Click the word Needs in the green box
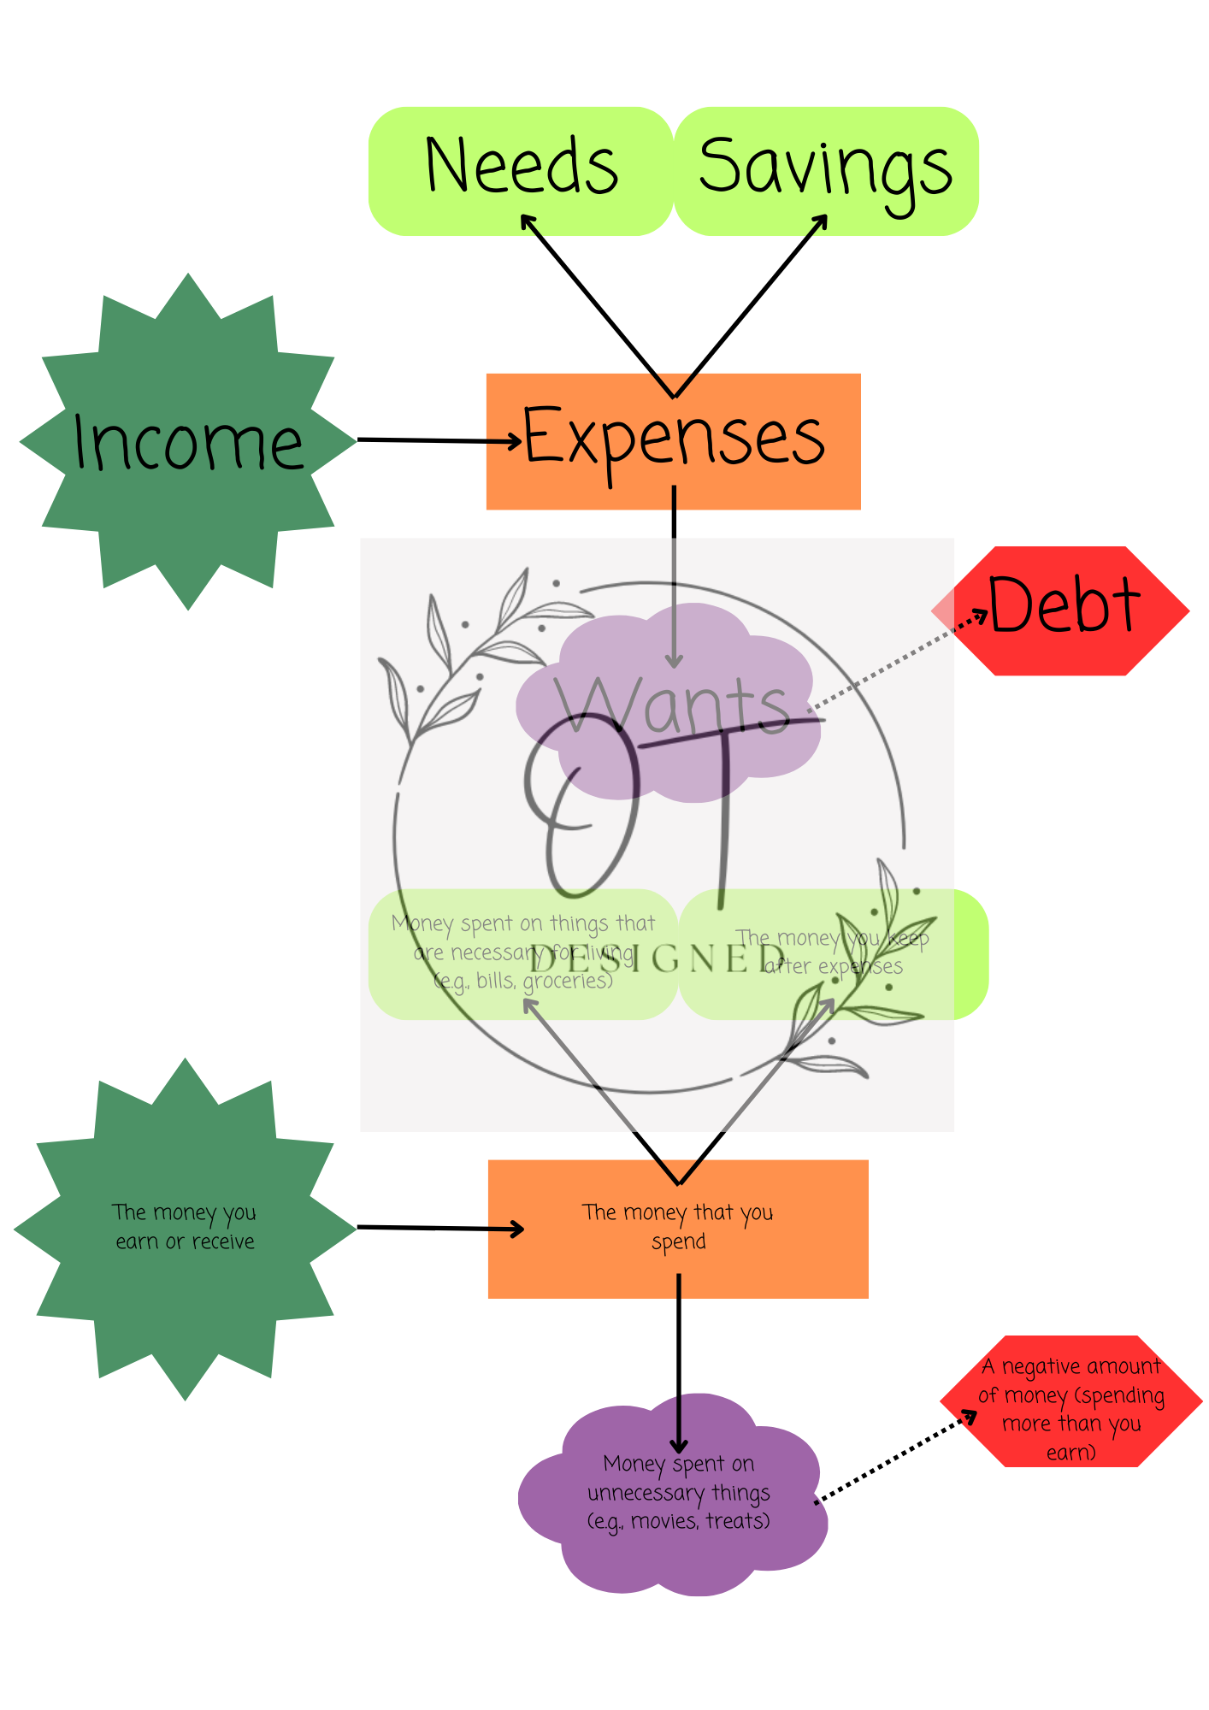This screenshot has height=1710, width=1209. coord(522,166)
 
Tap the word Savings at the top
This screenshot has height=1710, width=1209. coord(825,168)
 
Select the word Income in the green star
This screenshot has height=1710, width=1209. coord(188,443)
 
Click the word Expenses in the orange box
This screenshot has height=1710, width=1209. coord(674,438)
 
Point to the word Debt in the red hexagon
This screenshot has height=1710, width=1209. coord(1064,605)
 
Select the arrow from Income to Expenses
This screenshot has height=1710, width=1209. coord(436,440)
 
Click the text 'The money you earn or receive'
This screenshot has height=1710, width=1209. coord(185,1227)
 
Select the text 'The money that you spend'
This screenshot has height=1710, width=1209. coord(678,1227)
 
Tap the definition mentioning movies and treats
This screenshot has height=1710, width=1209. coord(678,1492)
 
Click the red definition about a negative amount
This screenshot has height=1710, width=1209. coord(1071,1408)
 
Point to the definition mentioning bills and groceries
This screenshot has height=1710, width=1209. coord(523,952)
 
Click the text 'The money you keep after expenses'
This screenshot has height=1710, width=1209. coord(833,952)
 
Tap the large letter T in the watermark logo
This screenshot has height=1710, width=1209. coord(725,812)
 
